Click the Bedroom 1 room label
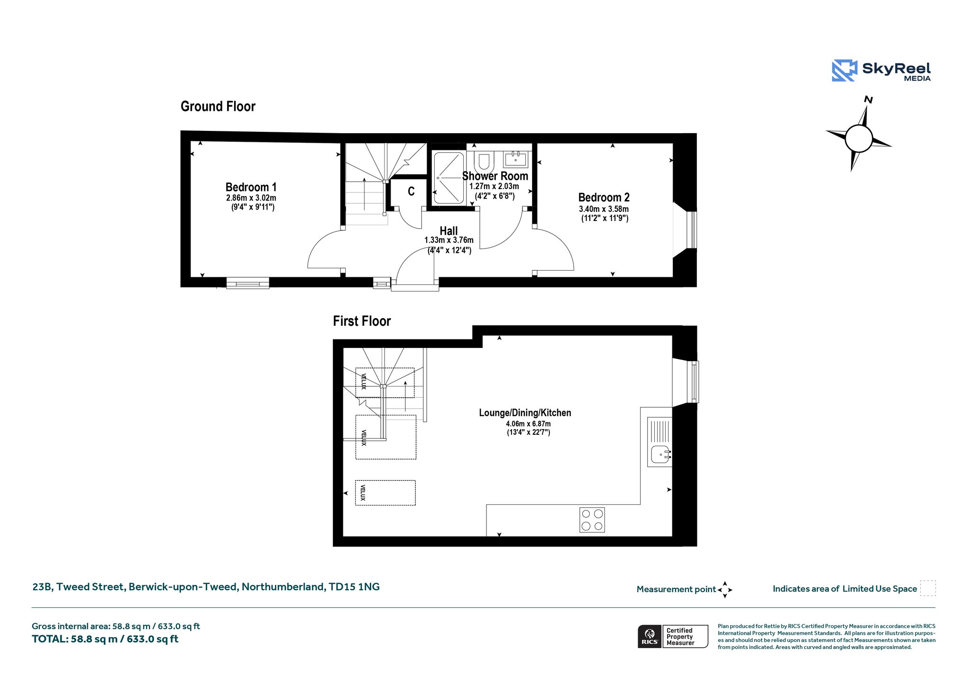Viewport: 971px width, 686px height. (251, 187)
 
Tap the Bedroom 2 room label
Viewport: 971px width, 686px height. (604, 197)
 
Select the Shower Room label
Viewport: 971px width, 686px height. (495, 176)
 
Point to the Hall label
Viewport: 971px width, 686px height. (449, 231)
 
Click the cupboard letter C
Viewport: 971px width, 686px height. (411, 191)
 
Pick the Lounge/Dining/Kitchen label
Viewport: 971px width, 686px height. (525, 412)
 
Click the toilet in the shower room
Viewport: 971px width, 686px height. (484, 162)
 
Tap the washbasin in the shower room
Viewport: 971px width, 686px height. (515, 159)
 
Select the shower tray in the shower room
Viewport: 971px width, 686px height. (449, 178)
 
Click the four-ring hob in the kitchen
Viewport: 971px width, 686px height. (592, 520)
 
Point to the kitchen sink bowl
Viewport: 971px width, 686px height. (660, 454)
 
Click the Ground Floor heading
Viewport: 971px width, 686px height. (218, 106)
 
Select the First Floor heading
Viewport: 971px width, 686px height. (362, 321)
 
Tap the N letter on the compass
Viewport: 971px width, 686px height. (869, 100)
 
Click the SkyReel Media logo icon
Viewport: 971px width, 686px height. (844, 71)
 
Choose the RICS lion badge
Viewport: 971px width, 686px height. (650, 636)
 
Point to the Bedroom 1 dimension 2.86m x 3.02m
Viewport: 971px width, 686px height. (251, 198)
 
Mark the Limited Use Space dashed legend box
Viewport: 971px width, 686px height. (928, 588)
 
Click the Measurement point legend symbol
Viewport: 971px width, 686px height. (725, 590)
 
